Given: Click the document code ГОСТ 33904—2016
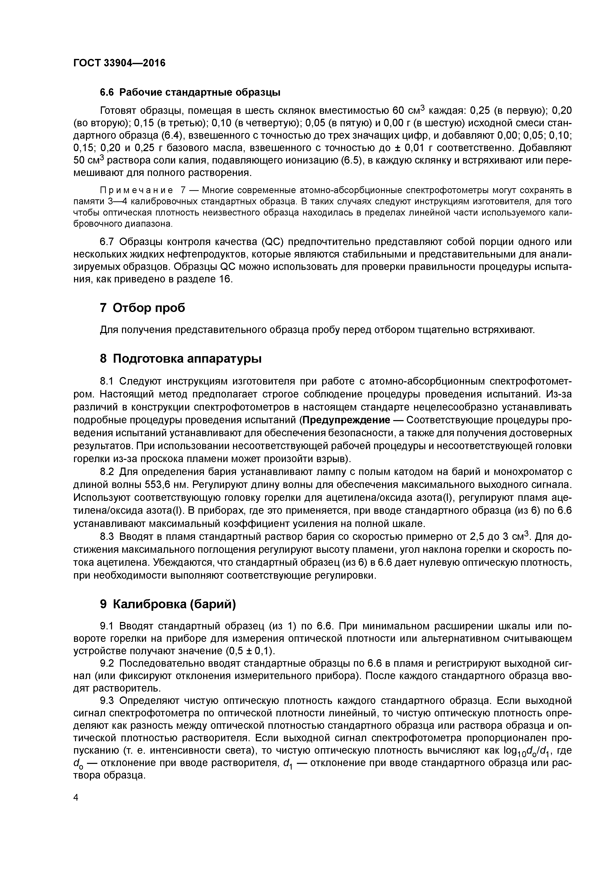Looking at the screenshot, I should [x=119, y=63].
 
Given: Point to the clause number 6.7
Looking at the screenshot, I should [x=107, y=242].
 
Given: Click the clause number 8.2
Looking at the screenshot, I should [x=107, y=472].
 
